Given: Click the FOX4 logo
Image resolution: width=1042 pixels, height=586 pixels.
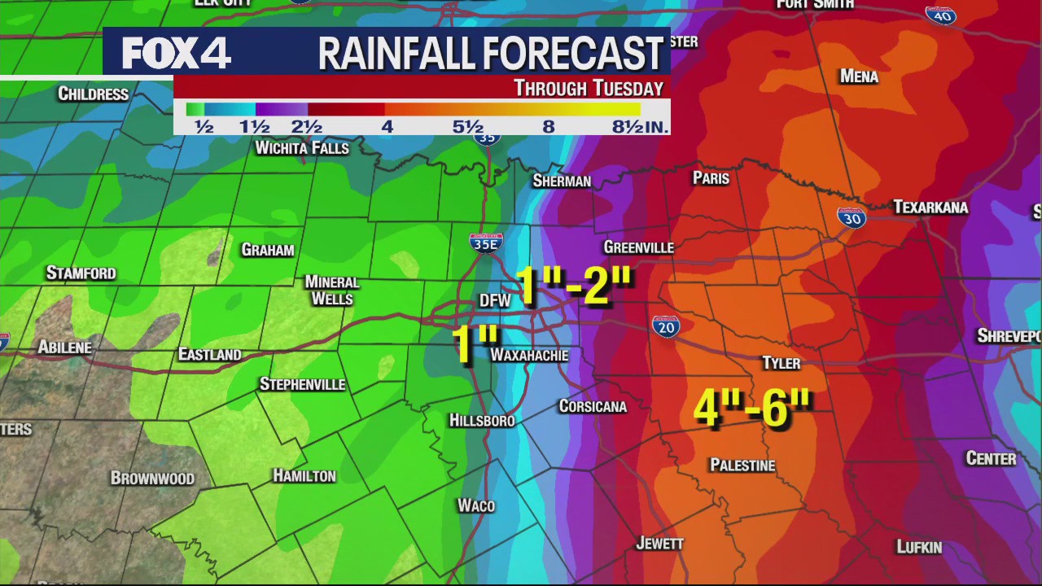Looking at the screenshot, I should click(x=177, y=53).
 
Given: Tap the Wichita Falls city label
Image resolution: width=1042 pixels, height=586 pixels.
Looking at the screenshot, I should click(x=302, y=148).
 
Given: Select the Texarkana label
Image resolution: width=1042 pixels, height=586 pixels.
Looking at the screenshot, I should click(x=930, y=208).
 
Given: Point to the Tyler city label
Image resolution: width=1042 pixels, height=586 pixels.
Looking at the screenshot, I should click(x=781, y=363).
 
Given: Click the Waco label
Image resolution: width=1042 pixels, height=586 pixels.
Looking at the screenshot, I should click(x=476, y=506).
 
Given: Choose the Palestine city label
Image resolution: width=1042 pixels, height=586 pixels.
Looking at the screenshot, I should click(x=742, y=466).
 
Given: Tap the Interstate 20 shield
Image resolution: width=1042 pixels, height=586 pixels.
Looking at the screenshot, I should click(x=666, y=327).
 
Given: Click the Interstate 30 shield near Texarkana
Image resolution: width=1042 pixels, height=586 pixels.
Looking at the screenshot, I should click(x=851, y=217).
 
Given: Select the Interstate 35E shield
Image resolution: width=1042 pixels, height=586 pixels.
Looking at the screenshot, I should click(x=486, y=243).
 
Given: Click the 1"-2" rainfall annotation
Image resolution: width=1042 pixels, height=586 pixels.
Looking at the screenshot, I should click(x=575, y=286).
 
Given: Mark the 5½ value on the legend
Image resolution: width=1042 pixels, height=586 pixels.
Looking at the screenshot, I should click(x=468, y=127).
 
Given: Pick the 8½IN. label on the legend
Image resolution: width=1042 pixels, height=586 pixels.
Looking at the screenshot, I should click(x=641, y=127).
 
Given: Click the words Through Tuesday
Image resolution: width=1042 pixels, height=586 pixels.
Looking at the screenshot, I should click(x=589, y=88).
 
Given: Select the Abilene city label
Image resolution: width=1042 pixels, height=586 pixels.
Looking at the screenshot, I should click(x=65, y=348).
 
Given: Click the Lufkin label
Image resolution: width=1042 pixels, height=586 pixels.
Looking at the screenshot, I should click(x=919, y=547).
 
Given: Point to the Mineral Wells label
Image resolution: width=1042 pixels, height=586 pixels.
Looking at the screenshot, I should click(x=332, y=291).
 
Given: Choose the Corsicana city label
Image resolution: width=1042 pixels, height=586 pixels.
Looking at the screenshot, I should click(x=593, y=406).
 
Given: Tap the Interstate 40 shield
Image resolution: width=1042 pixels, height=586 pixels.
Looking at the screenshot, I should click(x=940, y=15).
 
